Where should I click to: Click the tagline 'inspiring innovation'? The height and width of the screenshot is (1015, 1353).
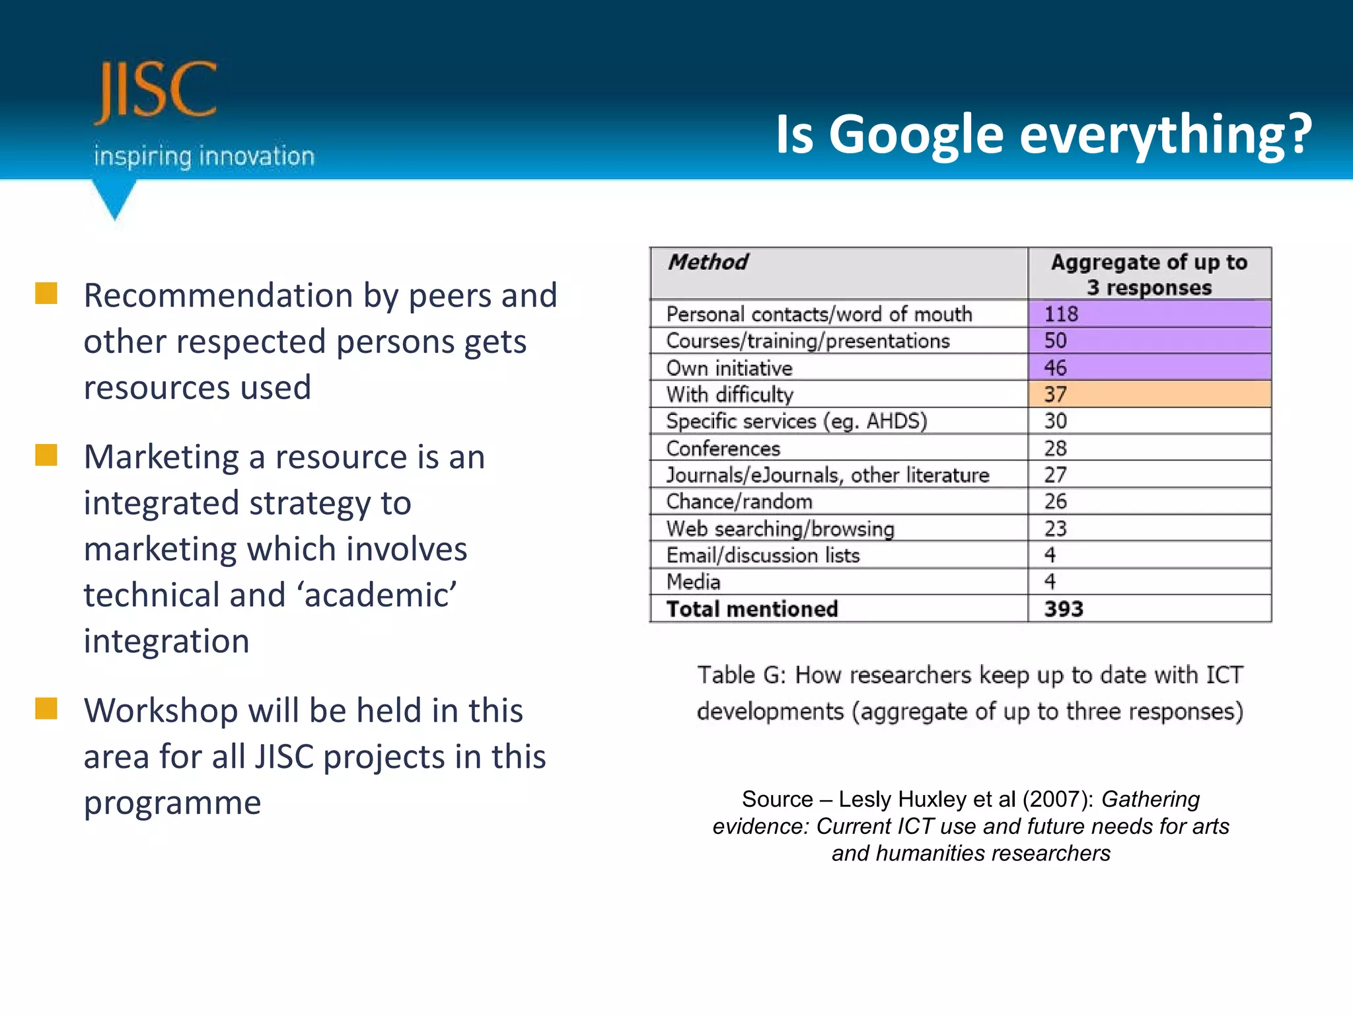(204, 157)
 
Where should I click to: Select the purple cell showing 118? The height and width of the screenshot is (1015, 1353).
(1148, 313)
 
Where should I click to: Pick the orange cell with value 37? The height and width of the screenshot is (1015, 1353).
(1148, 394)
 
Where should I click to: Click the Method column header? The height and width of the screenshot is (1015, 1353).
(708, 262)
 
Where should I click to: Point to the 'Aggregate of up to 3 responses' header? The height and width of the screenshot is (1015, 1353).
(1148, 274)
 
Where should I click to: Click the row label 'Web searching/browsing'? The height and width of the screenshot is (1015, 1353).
(780, 529)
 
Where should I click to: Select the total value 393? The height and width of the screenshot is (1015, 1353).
(1063, 609)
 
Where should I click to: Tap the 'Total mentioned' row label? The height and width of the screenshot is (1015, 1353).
(752, 609)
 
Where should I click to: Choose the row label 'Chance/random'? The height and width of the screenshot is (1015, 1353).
(739, 502)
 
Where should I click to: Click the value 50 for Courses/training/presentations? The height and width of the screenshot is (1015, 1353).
(1055, 340)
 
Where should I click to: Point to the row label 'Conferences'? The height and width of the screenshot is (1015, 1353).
(723, 448)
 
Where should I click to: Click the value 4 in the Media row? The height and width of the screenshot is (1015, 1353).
(1050, 582)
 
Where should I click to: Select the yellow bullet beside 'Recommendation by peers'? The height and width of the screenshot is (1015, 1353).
(46, 293)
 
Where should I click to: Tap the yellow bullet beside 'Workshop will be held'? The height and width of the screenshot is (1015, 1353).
(46, 708)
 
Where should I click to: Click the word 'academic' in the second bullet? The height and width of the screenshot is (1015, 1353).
(379, 595)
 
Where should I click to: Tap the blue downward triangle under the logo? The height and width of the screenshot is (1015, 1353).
(115, 198)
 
